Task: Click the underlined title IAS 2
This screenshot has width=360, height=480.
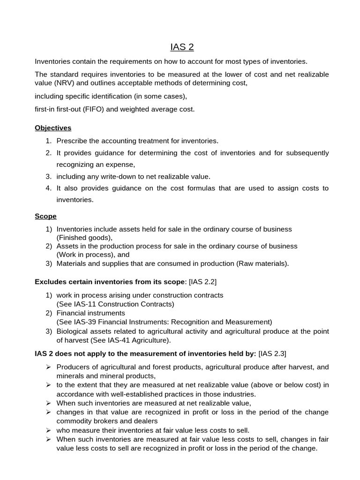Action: [x=182, y=47]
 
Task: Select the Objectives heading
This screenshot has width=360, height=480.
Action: [x=53, y=127]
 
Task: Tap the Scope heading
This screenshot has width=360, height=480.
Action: [x=45, y=216]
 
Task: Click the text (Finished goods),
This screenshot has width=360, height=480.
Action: [x=85, y=238]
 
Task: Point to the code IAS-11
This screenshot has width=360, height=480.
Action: [x=86, y=304]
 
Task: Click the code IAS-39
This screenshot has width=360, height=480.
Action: [x=86, y=322]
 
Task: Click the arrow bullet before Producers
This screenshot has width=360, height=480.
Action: [x=48, y=367]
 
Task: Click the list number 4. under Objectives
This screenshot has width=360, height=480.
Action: [x=48, y=188]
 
